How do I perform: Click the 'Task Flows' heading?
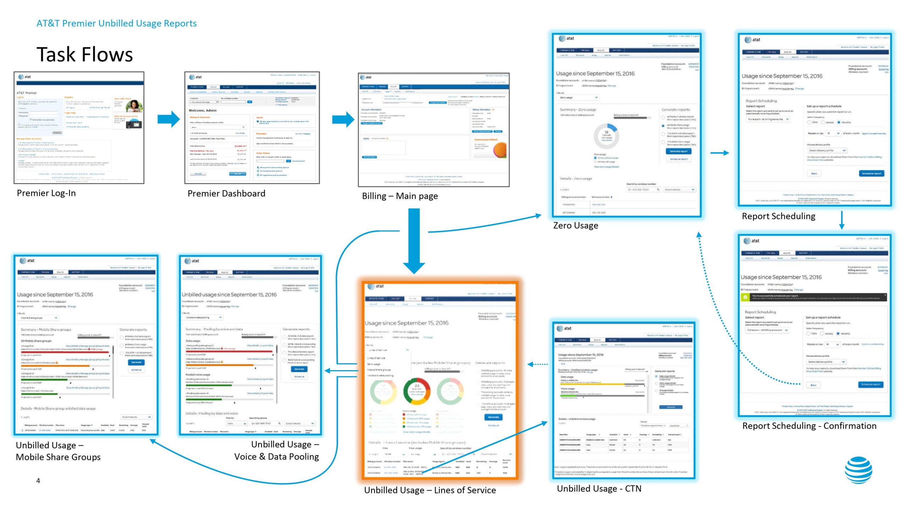(x=85, y=55)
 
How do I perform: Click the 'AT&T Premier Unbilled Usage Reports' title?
(x=116, y=23)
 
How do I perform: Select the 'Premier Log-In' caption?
(x=46, y=193)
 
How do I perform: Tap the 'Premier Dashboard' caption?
(x=226, y=193)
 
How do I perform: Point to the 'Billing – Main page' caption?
(x=400, y=196)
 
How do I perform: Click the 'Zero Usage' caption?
(x=575, y=226)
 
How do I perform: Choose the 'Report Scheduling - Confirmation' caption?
(x=809, y=426)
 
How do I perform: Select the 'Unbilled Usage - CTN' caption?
(x=599, y=489)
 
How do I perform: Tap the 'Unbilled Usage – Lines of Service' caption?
(x=430, y=490)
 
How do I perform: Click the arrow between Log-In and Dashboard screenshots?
(x=169, y=119)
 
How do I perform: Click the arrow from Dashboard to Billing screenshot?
(x=343, y=120)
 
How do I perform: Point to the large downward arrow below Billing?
(x=414, y=241)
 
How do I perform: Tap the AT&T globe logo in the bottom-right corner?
(x=858, y=470)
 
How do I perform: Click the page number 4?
(x=38, y=481)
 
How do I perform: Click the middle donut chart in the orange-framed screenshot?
(x=417, y=391)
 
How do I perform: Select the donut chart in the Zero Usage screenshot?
(x=606, y=136)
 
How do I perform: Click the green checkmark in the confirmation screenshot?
(x=745, y=297)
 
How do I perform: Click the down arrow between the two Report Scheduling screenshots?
(x=842, y=220)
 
